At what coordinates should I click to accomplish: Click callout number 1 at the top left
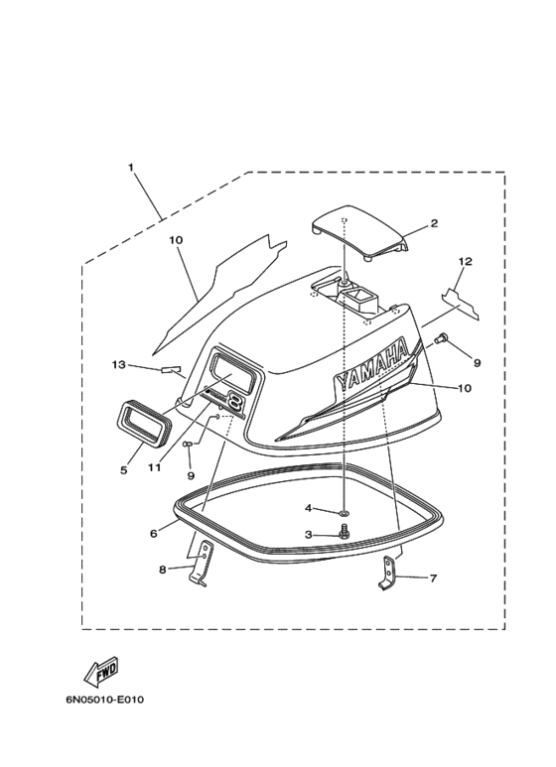pos(131,168)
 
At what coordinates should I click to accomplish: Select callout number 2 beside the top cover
pos(434,223)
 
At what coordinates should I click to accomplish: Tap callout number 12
pos(466,261)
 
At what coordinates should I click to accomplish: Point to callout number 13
pos(118,365)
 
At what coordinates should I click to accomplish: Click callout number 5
pos(124,470)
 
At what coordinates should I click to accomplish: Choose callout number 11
pos(154,467)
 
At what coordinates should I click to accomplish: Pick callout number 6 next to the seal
pos(154,533)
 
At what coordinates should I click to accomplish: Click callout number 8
pos(163,570)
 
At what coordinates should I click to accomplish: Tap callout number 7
pos(433,578)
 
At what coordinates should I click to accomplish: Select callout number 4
pos(309,508)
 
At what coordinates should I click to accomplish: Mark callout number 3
pos(309,534)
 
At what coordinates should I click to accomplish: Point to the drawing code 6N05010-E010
pos(104,700)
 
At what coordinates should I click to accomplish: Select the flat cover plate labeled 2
pos(359,231)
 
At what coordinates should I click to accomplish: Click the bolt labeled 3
pos(343,532)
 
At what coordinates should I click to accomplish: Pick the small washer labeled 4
pos(345,513)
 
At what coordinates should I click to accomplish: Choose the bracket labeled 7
pos(388,574)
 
